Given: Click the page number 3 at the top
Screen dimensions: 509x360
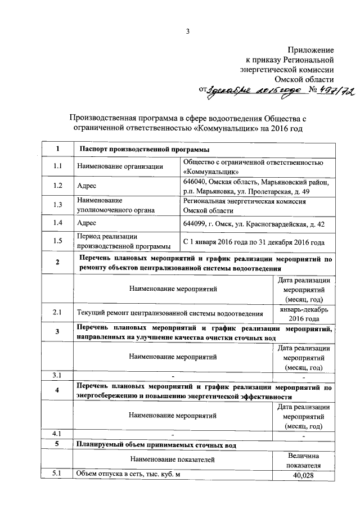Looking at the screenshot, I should (x=188, y=30).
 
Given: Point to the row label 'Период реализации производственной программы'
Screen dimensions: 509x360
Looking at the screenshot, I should (x=124, y=242).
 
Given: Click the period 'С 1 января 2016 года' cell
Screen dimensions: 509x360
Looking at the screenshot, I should (x=254, y=242).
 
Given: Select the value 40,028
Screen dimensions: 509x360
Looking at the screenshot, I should (x=304, y=475).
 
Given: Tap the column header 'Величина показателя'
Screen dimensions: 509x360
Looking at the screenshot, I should (x=304, y=460).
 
